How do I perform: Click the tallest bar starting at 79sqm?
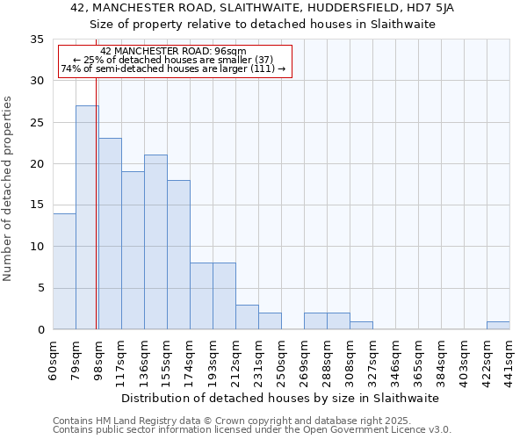[87, 218]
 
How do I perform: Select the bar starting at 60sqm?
[64, 271]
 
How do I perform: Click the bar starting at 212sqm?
[247, 317]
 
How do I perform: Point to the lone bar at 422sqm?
[498, 326]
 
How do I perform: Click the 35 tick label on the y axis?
[37, 40]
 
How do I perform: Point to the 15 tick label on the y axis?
[37, 205]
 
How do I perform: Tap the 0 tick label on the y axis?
[40, 330]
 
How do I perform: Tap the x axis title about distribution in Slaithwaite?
[279, 398]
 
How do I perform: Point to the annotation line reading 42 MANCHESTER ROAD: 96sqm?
[174, 52]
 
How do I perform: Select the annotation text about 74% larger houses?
[174, 68]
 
